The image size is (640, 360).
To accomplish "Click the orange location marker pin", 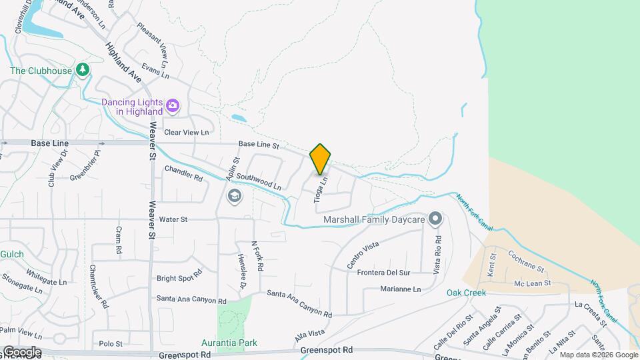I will pos(321,159).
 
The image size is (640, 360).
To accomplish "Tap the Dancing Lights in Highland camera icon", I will pos(173,105).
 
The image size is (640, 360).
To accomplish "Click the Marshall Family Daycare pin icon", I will pos(435,219).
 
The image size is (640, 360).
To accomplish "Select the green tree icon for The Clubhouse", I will pos(83,70).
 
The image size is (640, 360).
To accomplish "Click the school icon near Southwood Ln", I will pos(234,195).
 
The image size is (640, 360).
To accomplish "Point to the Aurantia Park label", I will pos(229,343).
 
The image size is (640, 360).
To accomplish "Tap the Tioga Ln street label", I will pos(321,189).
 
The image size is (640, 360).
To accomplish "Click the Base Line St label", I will pos(258,144).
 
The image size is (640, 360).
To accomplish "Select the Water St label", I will pos(173,219).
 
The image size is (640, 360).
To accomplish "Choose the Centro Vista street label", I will pos(363,255).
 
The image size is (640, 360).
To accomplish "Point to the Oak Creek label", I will pos(466,293).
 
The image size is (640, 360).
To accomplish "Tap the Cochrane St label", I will pos(527,261).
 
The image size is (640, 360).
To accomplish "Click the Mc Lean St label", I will pos(532,283).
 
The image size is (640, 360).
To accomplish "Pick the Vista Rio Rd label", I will pos(437,254).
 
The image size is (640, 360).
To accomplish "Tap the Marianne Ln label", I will pos(401,289).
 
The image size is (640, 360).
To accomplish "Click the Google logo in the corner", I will pos(21,352).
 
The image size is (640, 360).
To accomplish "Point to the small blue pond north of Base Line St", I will pos(239,119).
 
